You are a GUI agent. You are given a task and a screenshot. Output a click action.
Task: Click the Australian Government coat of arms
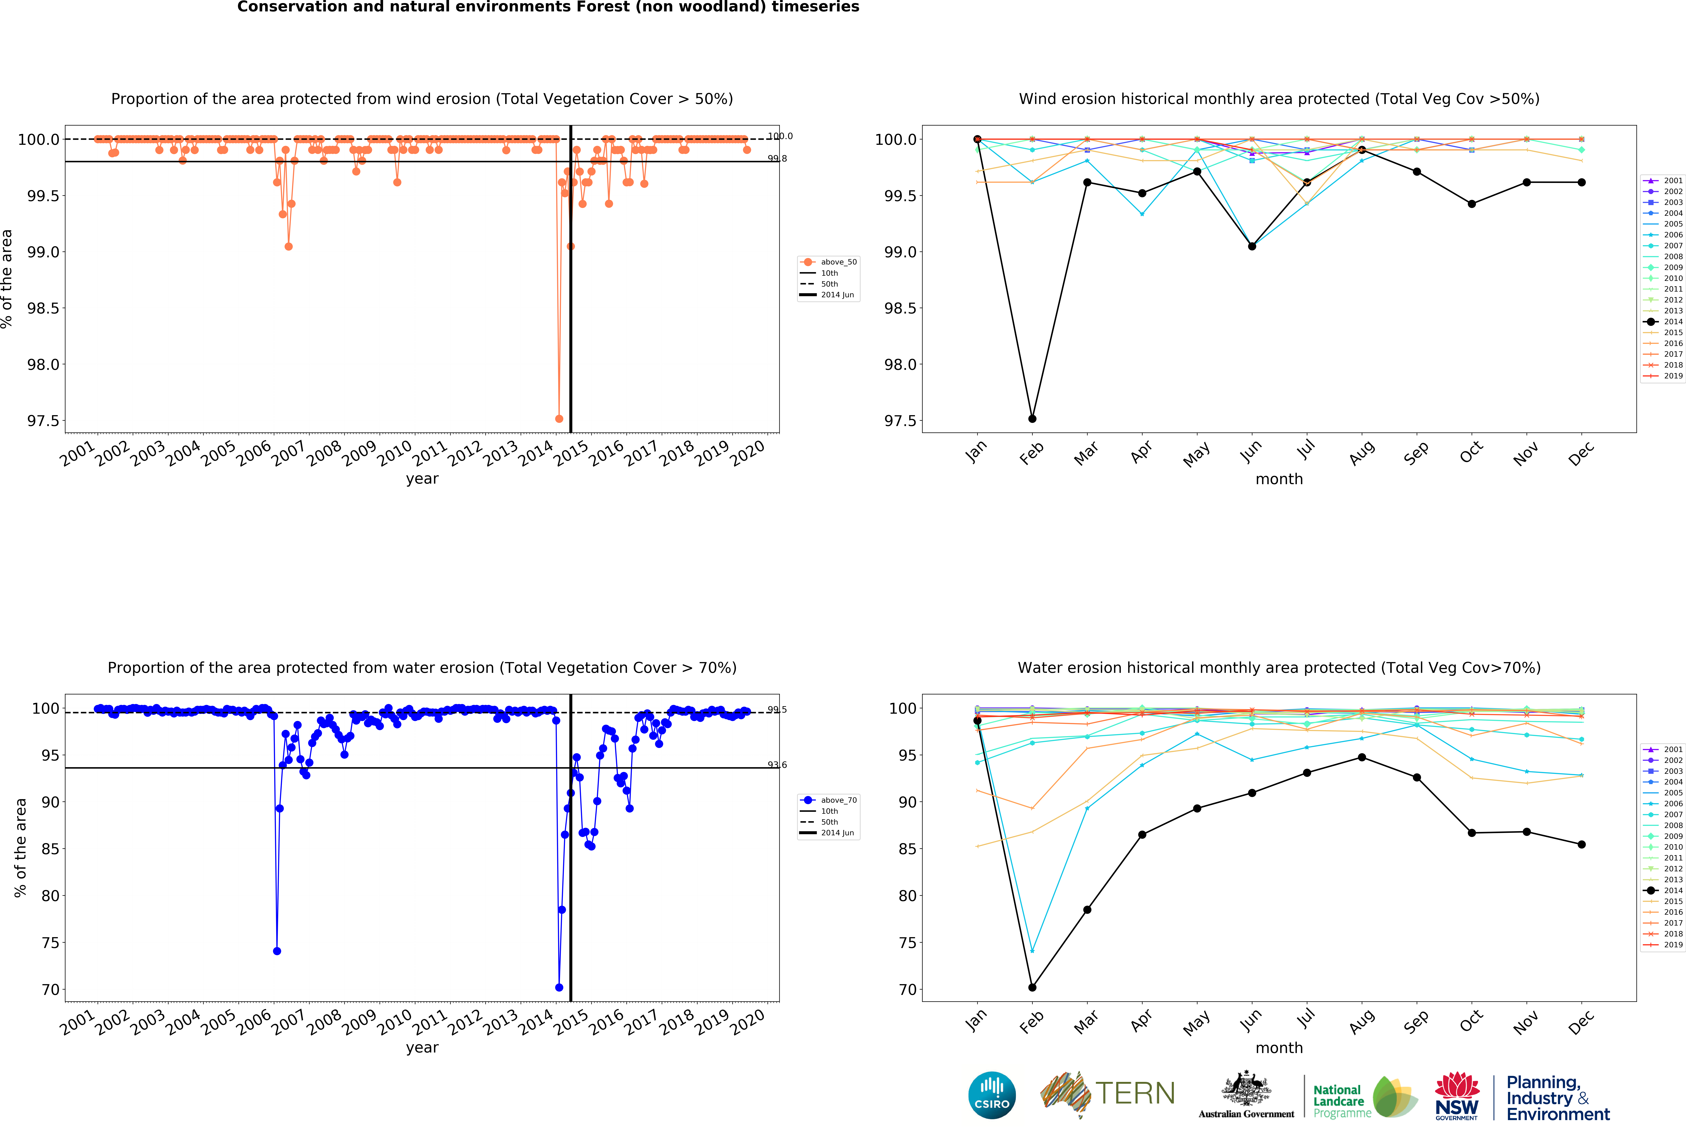1246,1088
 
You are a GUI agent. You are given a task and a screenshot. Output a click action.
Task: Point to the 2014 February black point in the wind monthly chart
1032,419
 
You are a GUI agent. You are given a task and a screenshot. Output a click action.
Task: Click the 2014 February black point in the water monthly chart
1032,987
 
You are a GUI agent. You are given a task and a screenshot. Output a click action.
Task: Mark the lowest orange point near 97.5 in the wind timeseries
559,419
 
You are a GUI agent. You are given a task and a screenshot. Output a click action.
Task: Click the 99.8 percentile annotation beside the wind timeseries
777,158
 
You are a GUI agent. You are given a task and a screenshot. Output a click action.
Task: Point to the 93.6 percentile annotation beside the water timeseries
777,765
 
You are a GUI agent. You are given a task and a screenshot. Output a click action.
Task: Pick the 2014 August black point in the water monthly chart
1362,757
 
